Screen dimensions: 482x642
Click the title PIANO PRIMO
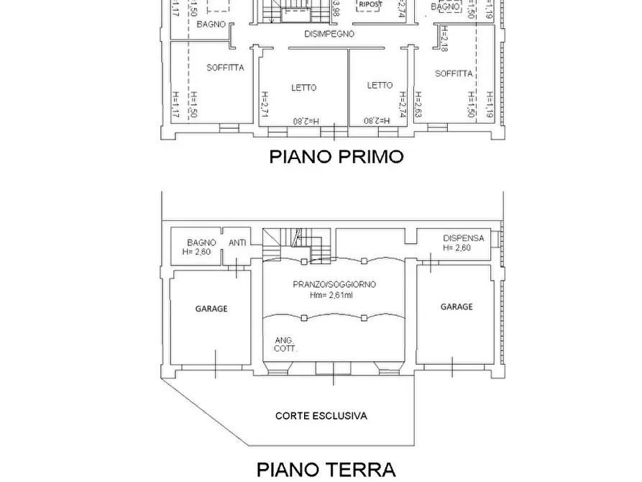point(336,156)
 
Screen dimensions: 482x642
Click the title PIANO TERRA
point(326,470)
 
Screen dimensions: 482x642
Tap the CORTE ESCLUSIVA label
point(321,416)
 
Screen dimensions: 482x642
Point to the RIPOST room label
point(371,4)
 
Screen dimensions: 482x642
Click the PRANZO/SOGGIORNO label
point(334,284)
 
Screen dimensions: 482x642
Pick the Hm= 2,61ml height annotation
point(333,295)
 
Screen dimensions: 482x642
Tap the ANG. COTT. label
point(285,345)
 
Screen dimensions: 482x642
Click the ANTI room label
point(237,242)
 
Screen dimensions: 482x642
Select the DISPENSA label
point(463,238)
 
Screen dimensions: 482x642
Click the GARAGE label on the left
point(211,309)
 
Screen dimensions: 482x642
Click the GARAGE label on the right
point(457,306)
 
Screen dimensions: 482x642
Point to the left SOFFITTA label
point(225,68)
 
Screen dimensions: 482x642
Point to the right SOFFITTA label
point(454,73)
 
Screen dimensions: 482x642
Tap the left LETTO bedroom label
point(303,88)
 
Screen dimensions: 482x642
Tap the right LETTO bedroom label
point(380,85)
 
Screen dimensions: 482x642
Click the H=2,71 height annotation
point(264,105)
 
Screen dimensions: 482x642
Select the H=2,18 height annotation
point(445,39)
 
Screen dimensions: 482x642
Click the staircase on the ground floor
point(297,245)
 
